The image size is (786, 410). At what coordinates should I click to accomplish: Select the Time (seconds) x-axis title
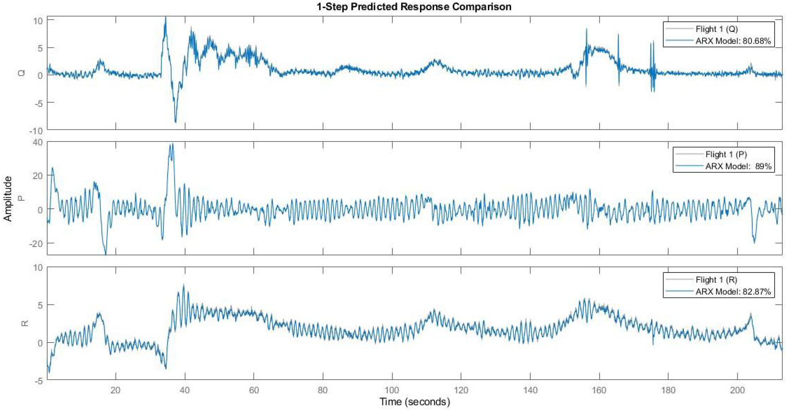tap(415, 402)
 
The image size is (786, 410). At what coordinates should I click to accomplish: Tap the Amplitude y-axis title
tap(8, 199)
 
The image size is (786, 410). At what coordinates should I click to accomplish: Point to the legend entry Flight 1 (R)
tap(716, 280)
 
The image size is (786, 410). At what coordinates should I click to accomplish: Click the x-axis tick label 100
tap(392, 390)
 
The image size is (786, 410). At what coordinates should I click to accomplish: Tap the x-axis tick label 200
tap(737, 390)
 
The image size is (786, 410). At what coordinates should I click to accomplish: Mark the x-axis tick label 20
tap(116, 390)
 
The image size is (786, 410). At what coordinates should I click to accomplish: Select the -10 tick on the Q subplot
tap(36, 131)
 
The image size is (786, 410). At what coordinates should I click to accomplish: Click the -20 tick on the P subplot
tap(36, 243)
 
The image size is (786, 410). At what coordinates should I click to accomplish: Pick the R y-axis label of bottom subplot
tap(25, 323)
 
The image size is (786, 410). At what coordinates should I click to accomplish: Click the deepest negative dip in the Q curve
tap(175, 122)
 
